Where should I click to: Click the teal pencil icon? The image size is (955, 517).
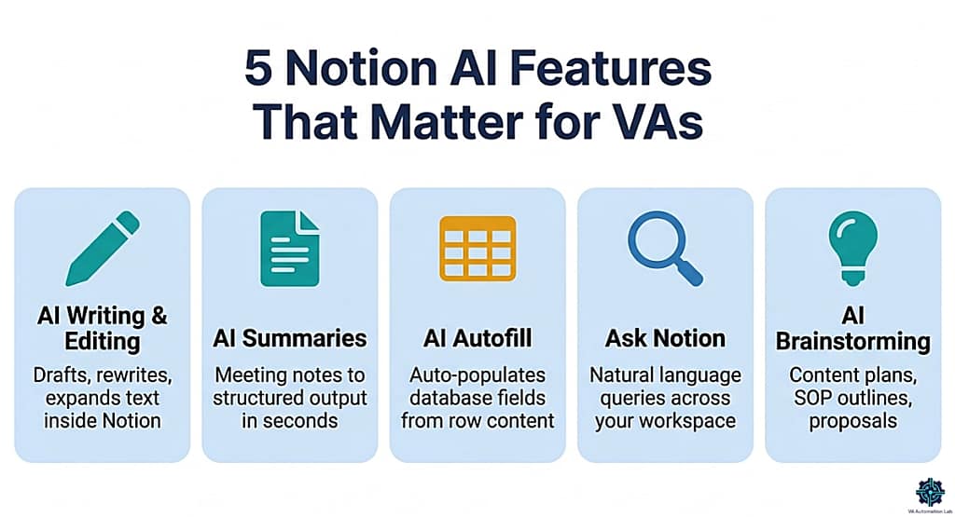point(102,250)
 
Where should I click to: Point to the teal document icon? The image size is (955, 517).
point(289,248)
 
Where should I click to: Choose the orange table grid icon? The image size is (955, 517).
point(477,248)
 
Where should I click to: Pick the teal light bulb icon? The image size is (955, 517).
point(852,243)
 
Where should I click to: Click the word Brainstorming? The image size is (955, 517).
point(852,342)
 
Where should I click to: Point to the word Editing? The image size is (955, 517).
point(102,342)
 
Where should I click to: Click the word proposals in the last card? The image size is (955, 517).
point(852,422)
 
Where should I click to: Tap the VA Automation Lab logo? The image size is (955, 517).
point(928,490)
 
